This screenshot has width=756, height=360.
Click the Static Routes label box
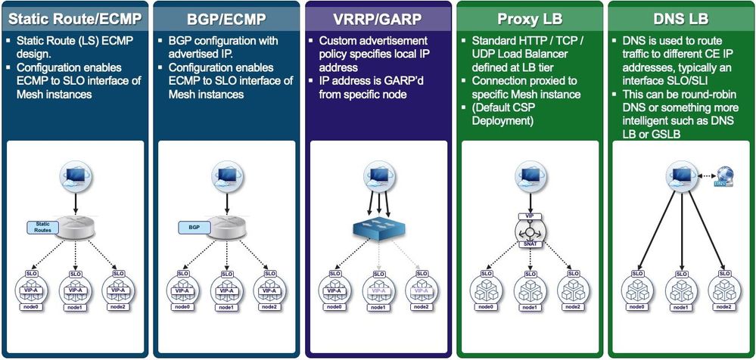point(42,226)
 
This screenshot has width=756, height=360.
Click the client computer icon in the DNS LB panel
point(679,177)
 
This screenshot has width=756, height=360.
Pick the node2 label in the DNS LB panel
point(724,306)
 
